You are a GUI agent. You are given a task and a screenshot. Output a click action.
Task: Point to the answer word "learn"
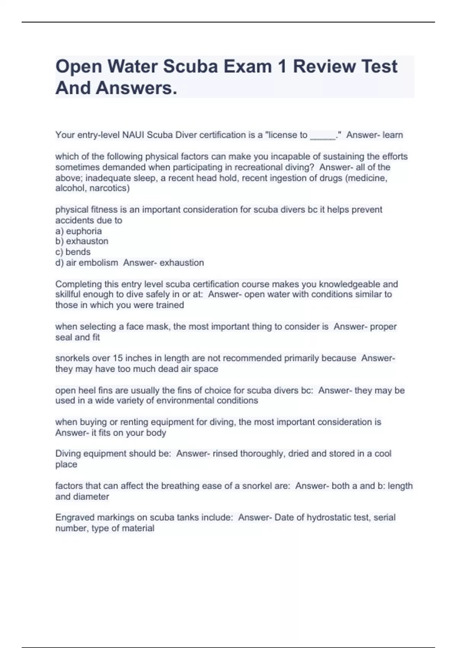coord(393,135)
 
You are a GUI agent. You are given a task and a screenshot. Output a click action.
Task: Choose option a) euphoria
coord(78,231)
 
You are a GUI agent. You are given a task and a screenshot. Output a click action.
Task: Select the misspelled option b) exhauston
coord(82,241)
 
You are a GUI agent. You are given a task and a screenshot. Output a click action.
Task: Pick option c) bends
coord(73,252)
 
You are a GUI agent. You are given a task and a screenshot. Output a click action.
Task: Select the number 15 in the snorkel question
coord(117,358)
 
